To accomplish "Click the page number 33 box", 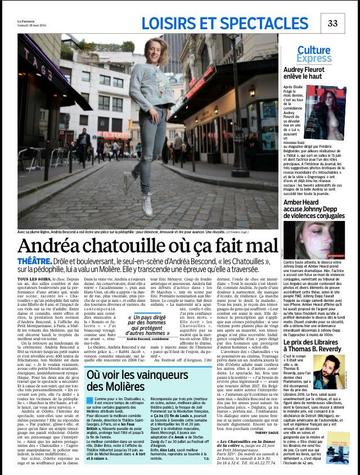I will pyautogui.click(x=332, y=22).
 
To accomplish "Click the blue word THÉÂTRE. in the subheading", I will pyautogui.click(x=35, y=262).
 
